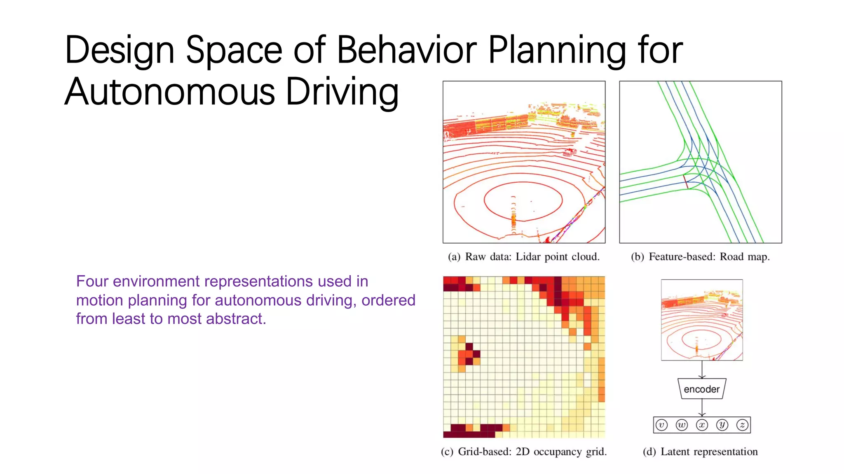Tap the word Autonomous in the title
[169, 92]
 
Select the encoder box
[701, 389]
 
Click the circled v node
[661, 425]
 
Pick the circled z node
[742, 425]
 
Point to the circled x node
[702, 425]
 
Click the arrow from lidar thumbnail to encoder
[702, 369]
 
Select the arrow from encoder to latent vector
[702, 408]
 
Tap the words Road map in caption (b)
[744, 257]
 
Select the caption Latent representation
[709, 452]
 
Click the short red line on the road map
[686, 182]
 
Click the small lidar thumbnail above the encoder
[702, 320]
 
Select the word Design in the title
[120, 50]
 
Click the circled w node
[682, 425]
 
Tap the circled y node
[722, 425]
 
